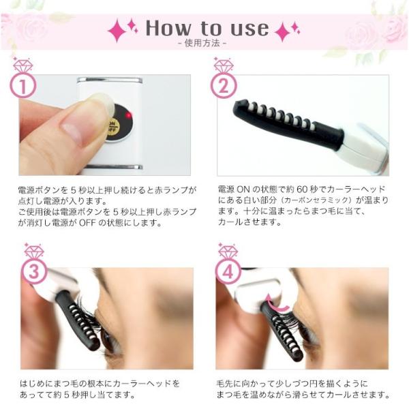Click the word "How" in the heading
tap(168, 28)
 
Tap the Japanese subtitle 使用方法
tap(202, 43)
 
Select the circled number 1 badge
tap(22, 85)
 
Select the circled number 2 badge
tap(224, 85)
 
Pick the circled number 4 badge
tap(228, 272)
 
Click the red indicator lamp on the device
tap(129, 115)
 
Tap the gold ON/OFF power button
tap(113, 126)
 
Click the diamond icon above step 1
tap(22, 65)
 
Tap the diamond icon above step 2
tap(224, 65)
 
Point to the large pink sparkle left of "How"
tap(117, 31)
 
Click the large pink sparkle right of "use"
tap(282, 31)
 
